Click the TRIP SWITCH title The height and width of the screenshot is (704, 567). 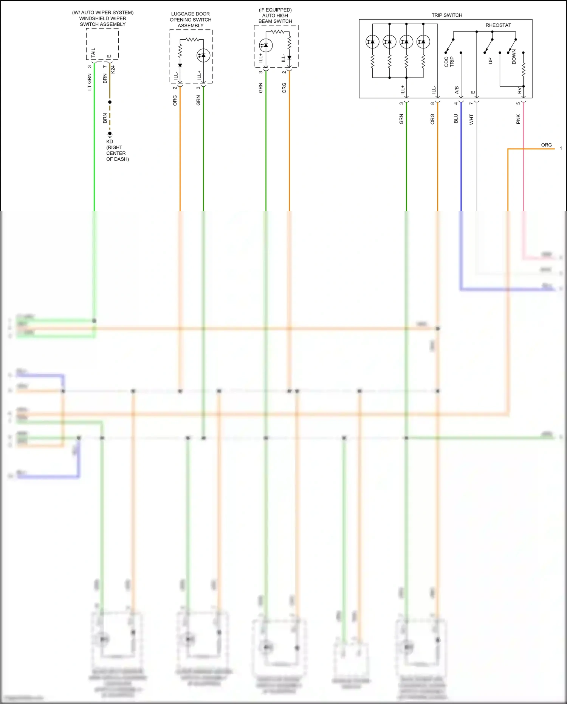[x=447, y=15]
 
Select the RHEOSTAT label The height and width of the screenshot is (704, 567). [x=498, y=25]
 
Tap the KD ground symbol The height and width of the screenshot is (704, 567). [x=110, y=134]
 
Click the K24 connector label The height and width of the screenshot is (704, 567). [x=113, y=69]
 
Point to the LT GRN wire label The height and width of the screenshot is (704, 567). [x=90, y=82]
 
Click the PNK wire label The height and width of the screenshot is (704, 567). [x=518, y=119]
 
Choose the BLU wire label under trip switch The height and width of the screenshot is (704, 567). [x=456, y=119]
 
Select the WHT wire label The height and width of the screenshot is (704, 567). [x=471, y=120]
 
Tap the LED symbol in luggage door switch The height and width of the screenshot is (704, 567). [x=203, y=56]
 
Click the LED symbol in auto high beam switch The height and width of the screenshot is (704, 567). [x=266, y=45]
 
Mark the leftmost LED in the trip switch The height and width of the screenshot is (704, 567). [x=372, y=42]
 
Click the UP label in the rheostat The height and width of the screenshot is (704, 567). [x=491, y=61]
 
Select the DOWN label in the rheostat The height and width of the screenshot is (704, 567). [x=514, y=57]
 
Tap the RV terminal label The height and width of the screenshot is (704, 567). [x=519, y=91]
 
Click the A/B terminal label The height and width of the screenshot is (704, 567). [x=457, y=90]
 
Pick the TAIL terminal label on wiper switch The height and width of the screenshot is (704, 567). [x=93, y=53]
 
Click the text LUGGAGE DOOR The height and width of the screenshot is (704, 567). [x=191, y=14]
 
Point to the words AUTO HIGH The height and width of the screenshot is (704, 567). [x=275, y=16]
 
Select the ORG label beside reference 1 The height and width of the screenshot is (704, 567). [x=546, y=145]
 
